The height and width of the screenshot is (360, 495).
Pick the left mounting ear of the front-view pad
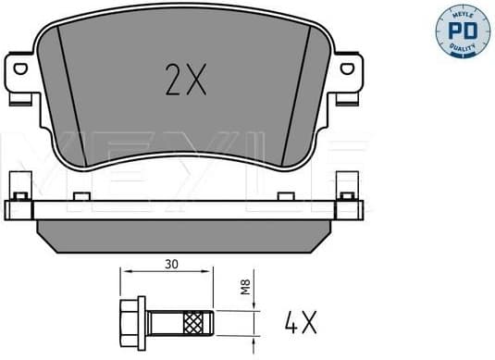23,74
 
